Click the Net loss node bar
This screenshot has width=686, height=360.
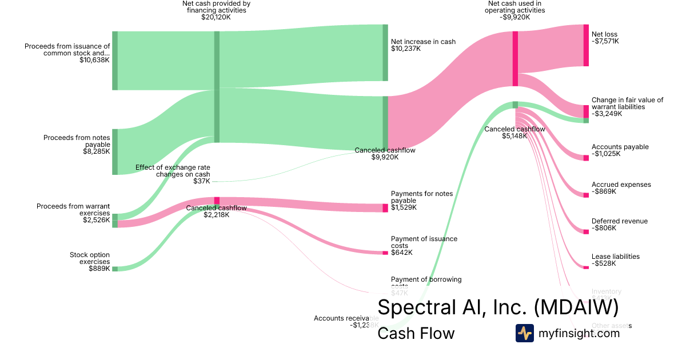586,45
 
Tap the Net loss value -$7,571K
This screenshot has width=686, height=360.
605,41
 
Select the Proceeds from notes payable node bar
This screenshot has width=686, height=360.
115,151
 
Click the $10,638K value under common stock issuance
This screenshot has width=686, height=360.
94,60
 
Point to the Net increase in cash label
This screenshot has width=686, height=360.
423,42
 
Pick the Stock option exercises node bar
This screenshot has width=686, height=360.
115,269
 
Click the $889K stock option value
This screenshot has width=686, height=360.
99,269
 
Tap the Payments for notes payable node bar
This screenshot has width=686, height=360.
385,208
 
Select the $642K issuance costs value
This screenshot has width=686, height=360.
402,253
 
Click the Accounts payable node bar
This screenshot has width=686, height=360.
586,158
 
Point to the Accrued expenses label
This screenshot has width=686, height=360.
621,185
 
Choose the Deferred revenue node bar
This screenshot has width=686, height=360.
586,231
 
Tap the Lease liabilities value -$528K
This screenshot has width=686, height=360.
604,263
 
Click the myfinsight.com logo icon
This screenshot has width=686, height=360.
524,333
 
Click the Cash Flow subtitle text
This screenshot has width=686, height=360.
416,333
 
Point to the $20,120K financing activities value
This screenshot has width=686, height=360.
216,17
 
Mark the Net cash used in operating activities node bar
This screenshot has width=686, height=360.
515,59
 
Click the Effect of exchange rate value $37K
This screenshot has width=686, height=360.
201,181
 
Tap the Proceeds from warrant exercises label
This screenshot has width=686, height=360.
73,209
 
